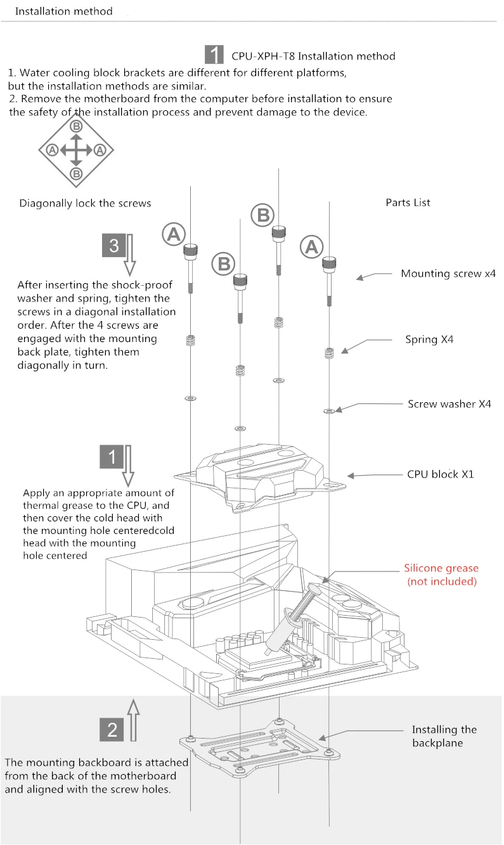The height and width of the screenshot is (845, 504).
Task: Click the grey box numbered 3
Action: click(x=114, y=246)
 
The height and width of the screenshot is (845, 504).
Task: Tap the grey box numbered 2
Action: click(x=113, y=730)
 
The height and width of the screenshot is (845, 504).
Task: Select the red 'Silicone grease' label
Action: click(x=441, y=575)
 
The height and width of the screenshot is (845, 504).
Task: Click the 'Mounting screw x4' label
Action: click(x=448, y=274)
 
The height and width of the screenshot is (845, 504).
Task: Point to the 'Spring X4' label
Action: click(x=429, y=340)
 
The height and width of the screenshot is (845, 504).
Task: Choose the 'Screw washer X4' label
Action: click(x=449, y=403)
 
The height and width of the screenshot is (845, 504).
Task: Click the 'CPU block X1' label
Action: click(x=440, y=474)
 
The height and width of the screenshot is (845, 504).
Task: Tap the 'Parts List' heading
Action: click(x=408, y=203)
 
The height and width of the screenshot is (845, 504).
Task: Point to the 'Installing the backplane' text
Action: click(x=444, y=736)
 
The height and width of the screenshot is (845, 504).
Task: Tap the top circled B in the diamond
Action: click(x=76, y=127)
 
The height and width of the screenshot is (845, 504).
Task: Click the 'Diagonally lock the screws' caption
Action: click(x=85, y=203)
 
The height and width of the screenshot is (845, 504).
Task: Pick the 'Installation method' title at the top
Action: click(x=63, y=11)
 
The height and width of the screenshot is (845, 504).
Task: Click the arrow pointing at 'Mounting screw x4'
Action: click(x=374, y=276)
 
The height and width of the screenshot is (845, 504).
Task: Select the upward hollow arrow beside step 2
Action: click(x=132, y=720)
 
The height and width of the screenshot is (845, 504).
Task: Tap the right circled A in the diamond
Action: click(x=100, y=150)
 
